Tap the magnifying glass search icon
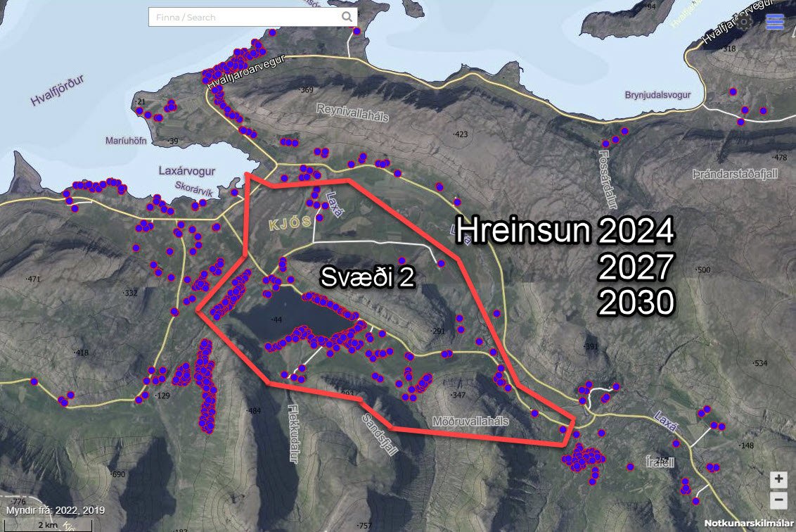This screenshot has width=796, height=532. pyautogui.click(x=347, y=17)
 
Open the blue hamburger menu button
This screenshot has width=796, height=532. pyautogui.click(x=775, y=22)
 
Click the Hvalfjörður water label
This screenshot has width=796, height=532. pyautogui.click(x=57, y=91)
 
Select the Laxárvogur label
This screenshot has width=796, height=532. pyautogui.click(x=186, y=171)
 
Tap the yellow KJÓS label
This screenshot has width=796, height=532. pyautogui.click(x=289, y=223)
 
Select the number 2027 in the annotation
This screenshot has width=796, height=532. pyautogui.click(x=636, y=267)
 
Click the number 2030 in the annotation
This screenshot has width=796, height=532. pyautogui.click(x=636, y=303)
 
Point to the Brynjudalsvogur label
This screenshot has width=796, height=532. pyautogui.click(x=657, y=95)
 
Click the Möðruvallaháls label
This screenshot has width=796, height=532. pyautogui.click(x=468, y=421)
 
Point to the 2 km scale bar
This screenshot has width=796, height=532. pyautogui.click(x=48, y=525)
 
